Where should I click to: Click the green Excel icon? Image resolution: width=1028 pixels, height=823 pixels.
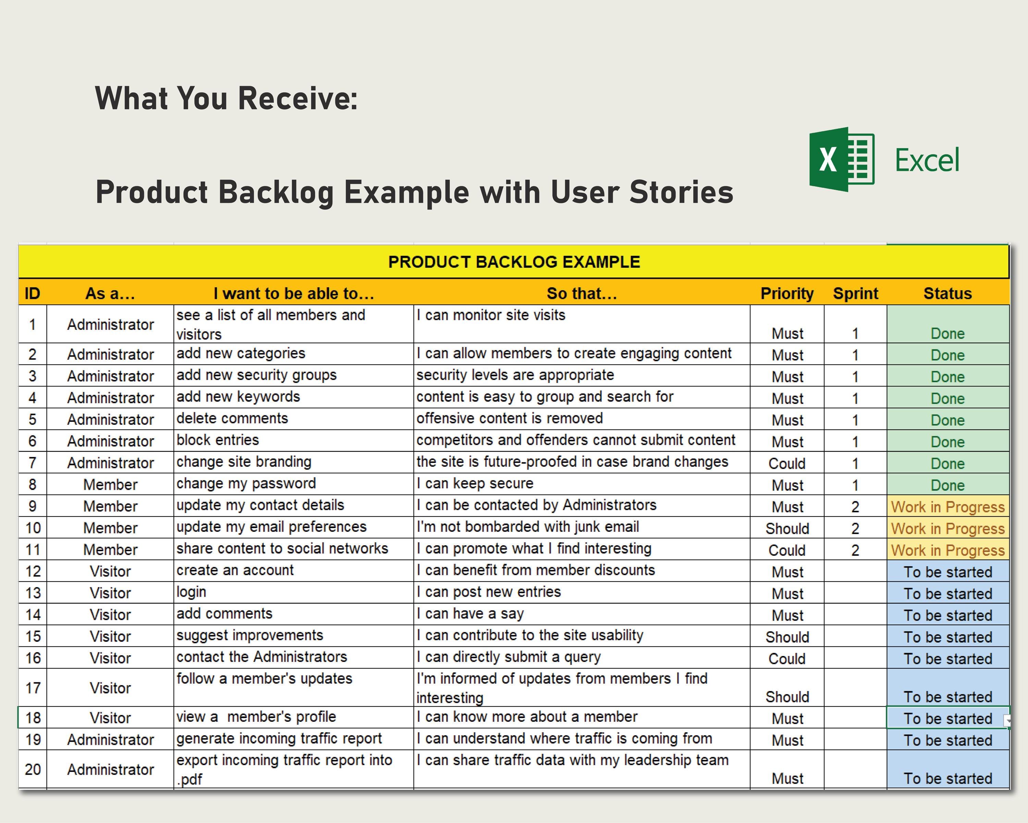[x=842, y=159]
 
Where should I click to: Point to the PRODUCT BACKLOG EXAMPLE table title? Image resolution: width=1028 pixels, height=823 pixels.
[x=514, y=262]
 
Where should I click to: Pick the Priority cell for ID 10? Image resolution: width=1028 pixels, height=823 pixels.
[x=787, y=528]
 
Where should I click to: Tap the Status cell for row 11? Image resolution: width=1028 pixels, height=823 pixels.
[x=947, y=550]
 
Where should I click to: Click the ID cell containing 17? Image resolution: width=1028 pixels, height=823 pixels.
[x=33, y=688]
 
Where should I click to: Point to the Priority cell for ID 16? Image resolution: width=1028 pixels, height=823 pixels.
[x=787, y=658]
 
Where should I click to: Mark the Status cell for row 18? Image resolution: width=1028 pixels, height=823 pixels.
[x=947, y=718]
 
